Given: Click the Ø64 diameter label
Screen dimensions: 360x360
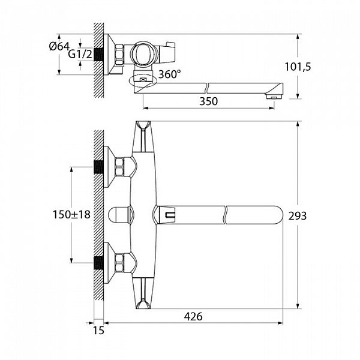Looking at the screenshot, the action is pyautogui.click(x=59, y=47).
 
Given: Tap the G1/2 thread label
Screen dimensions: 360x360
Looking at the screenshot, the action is pyautogui.click(x=80, y=54).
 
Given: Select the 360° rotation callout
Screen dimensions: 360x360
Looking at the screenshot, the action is pyautogui.click(x=169, y=74).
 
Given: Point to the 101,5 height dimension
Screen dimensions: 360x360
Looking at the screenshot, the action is pyautogui.click(x=298, y=67).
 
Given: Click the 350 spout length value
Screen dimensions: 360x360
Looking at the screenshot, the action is pyautogui.click(x=208, y=101).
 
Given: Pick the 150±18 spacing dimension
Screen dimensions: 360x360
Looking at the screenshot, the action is pyautogui.click(x=71, y=215).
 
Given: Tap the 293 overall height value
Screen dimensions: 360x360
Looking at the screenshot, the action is pyautogui.click(x=298, y=216).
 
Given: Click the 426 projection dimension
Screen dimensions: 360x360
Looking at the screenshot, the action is pyautogui.click(x=193, y=317).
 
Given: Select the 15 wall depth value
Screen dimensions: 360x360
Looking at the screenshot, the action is pyautogui.click(x=98, y=331).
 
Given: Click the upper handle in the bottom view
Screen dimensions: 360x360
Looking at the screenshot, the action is pyautogui.click(x=142, y=137).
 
